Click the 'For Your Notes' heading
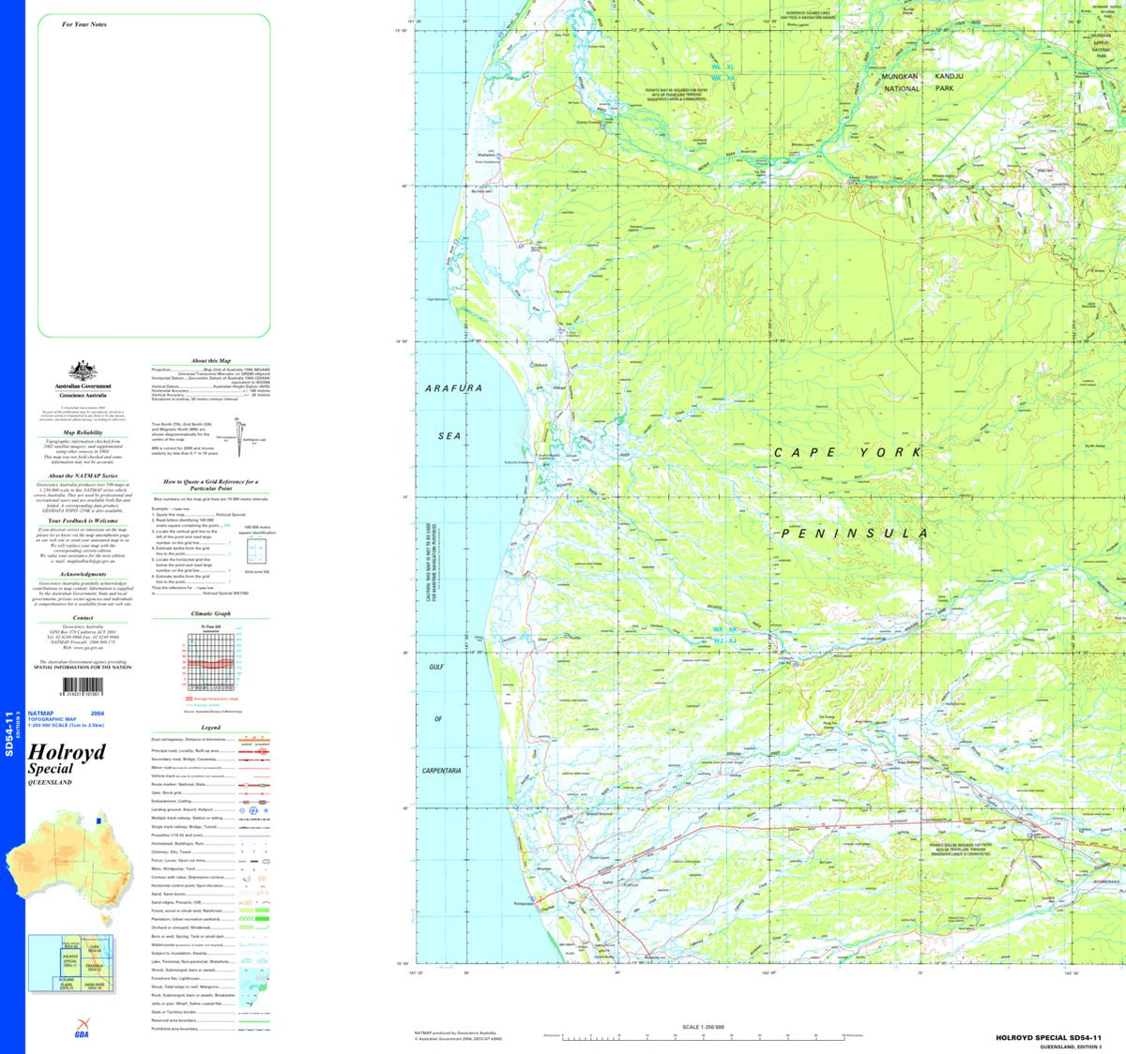pyautogui.click(x=84, y=24)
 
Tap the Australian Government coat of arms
pyautogui.click(x=83, y=370)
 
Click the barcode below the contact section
pyautogui.click(x=83, y=687)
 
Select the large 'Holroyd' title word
pyautogui.click(x=67, y=752)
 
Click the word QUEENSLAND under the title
pyautogui.click(x=50, y=782)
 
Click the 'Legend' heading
pyautogui.click(x=210, y=728)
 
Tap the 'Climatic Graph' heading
pyautogui.click(x=210, y=613)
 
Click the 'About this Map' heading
pyautogui.click(x=210, y=360)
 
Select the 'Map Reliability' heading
pyautogui.click(x=83, y=433)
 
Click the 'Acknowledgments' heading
pyautogui.click(x=83, y=574)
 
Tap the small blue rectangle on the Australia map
pyautogui.click(x=99, y=821)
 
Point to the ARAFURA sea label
pyautogui.click(x=453, y=388)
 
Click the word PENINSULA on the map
pyautogui.click(x=854, y=534)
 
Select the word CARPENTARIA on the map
pyautogui.click(x=441, y=771)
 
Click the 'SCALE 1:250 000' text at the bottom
pyautogui.click(x=704, y=1027)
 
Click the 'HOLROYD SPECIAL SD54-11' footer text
pyautogui.click(x=1048, y=1038)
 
